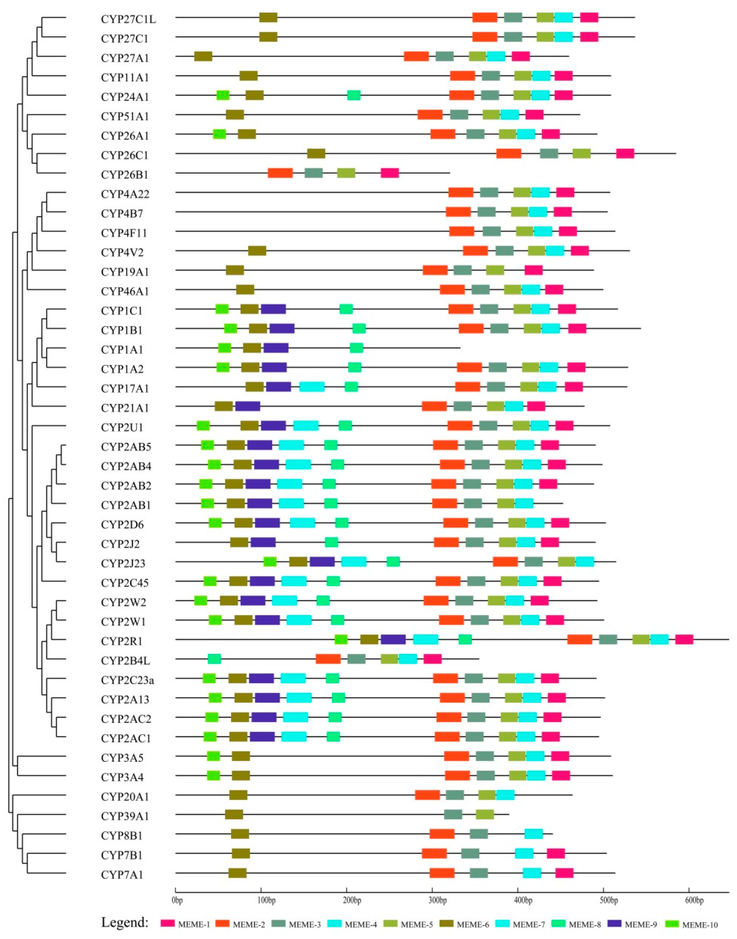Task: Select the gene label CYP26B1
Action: pyautogui.click(x=125, y=175)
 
